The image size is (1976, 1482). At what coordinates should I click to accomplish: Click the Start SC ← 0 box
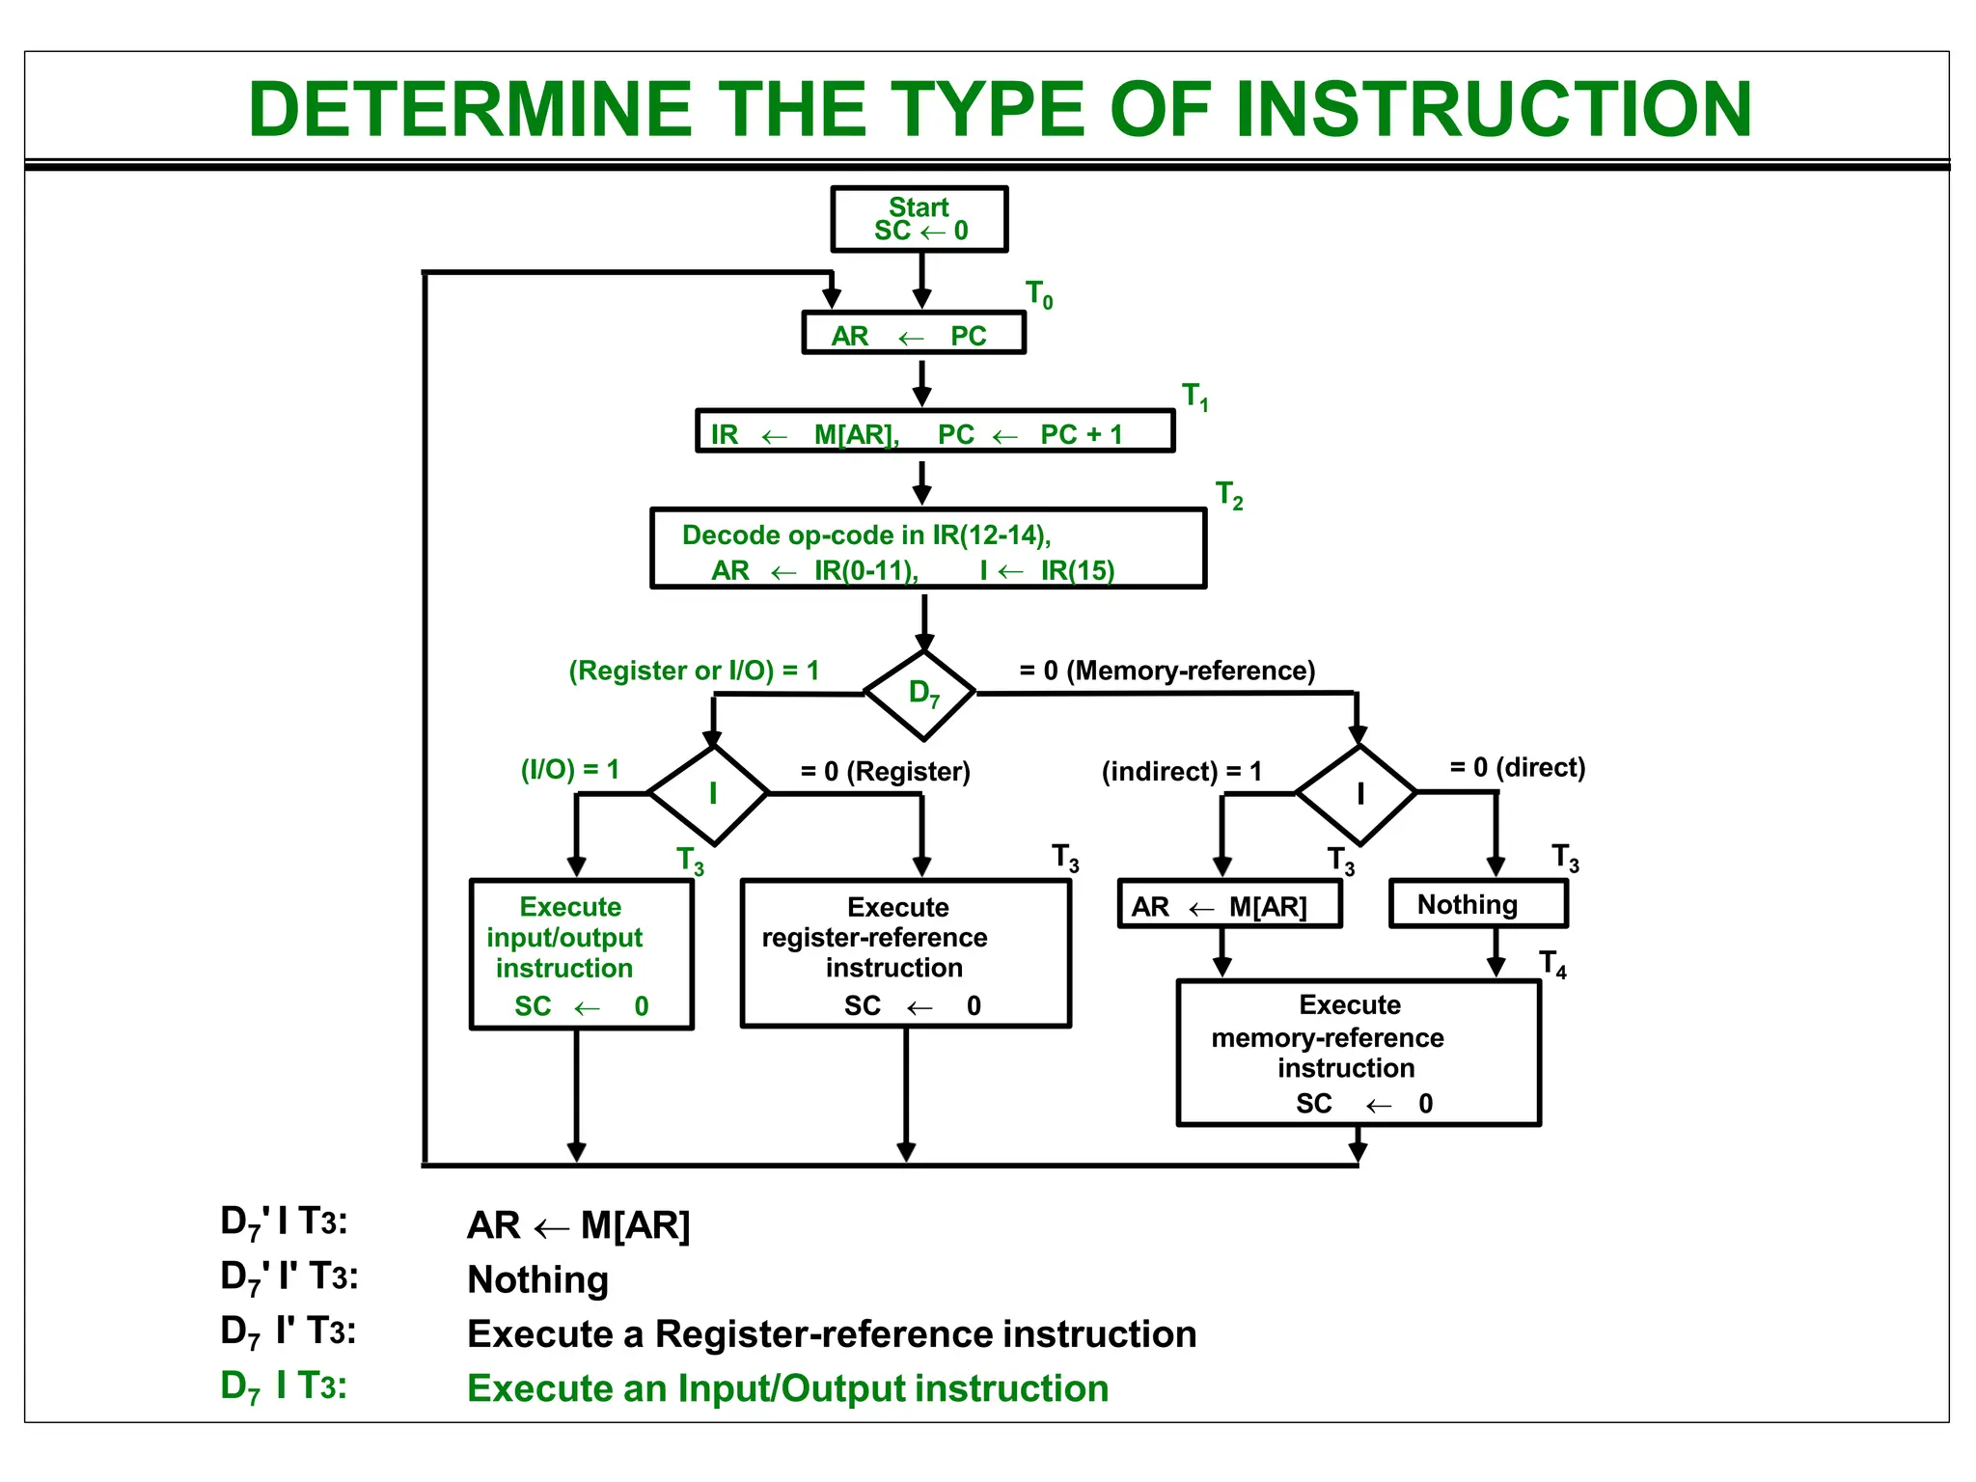919,219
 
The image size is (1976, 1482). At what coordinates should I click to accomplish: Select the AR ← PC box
913,334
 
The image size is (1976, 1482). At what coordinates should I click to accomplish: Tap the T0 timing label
1038,293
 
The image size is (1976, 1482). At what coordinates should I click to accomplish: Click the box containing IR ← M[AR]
934,432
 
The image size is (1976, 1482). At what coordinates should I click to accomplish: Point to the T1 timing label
1194,396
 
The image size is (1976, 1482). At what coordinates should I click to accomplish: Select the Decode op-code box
927,549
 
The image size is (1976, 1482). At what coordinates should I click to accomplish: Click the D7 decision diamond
922,694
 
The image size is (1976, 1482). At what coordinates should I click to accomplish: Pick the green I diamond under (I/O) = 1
711,794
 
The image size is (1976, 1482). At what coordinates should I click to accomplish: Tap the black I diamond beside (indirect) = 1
1358,794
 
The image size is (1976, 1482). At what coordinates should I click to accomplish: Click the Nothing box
1477,905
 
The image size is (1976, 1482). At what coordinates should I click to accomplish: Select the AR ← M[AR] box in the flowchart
1228,905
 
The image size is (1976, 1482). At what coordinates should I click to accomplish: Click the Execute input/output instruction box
580,954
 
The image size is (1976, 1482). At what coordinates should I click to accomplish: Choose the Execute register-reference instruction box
904,954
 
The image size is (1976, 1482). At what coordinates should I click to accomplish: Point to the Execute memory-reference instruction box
1358,1053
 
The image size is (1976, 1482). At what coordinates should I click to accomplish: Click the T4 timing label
1551,964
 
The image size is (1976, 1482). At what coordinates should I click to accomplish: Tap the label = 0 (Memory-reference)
1166,671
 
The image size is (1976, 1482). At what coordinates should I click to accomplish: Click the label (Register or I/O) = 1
693,671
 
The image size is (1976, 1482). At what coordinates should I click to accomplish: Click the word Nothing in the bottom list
537,1279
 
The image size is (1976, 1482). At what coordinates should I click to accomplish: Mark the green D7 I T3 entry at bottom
283,1386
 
